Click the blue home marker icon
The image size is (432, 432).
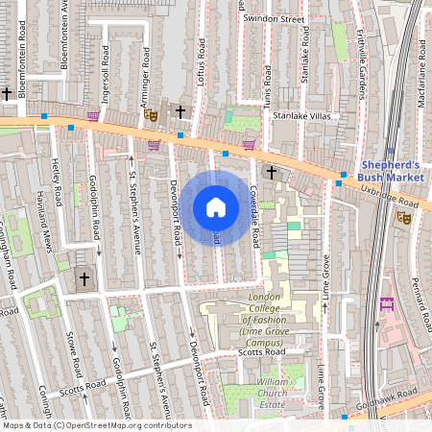tap(216, 207)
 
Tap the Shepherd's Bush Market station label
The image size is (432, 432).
tap(390, 169)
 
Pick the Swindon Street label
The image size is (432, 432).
tap(274, 18)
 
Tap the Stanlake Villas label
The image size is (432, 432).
tap(300, 114)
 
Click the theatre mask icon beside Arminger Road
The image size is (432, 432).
tap(150, 114)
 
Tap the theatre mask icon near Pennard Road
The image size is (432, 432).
tap(404, 218)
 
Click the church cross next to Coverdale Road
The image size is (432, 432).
tap(271, 172)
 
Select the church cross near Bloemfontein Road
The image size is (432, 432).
tap(8, 93)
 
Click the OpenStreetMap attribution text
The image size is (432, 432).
tap(96, 425)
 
